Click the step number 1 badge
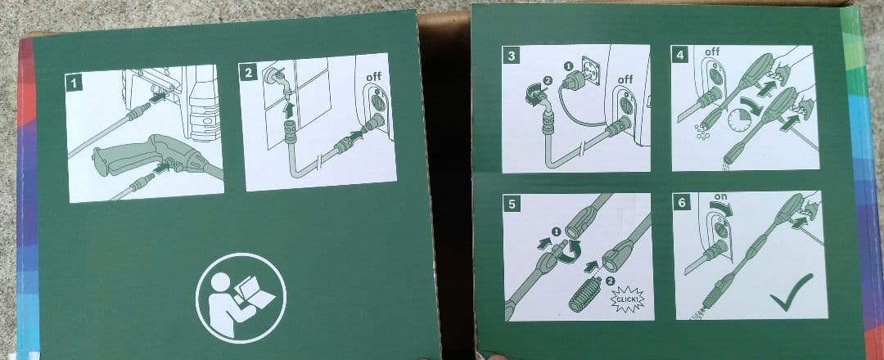75,83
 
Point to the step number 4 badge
679,56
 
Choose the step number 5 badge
512,204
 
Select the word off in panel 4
712,52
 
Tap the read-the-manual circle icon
241,292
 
